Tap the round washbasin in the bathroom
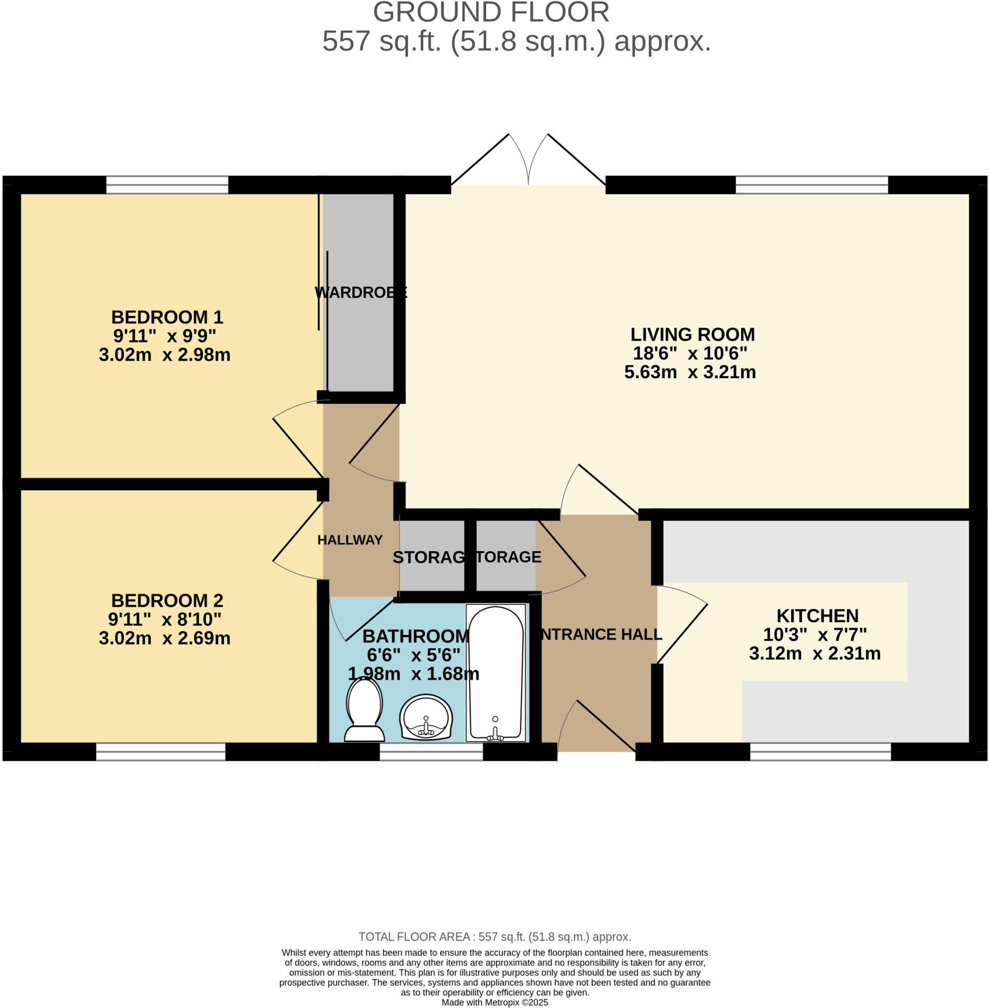tap(426, 717)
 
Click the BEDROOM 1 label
tap(167, 317)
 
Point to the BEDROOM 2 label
tap(167, 600)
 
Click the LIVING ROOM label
tap(692, 334)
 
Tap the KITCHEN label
tap(817, 616)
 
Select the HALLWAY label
tap(349, 540)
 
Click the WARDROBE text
tap(361, 292)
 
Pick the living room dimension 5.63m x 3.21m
tap(690, 372)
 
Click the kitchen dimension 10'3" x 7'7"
tap(814, 634)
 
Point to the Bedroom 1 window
tap(167, 185)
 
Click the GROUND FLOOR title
tap(491, 12)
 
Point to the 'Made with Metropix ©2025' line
tap(494, 1002)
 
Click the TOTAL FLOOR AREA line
tap(494, 936)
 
